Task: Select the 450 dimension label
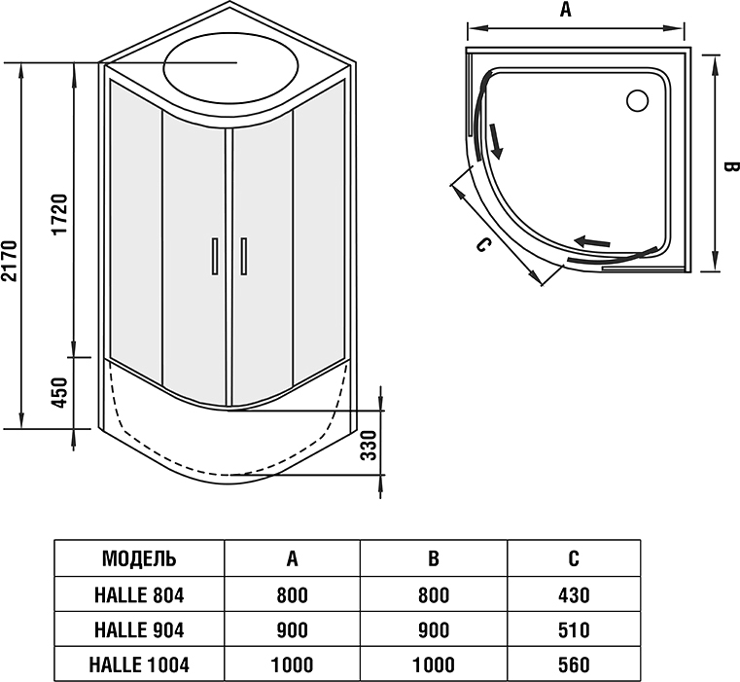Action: click(x=59, y=394)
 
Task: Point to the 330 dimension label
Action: click(x=368, y=445)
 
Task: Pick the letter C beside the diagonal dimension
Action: click(x=481, y=245)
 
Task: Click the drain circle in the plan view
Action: click(x=639, y=99)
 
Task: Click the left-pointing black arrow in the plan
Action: click(x=592, y=241)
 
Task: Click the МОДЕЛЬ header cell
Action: click(x=139, y=558)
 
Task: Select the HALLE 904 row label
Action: click(x=139, y=629)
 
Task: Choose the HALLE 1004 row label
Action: click(x=139, y=665)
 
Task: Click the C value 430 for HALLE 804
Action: click(x=574, y=594)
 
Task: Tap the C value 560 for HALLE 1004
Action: click(x=574, y=665)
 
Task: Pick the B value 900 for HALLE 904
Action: click(x=434, y=629)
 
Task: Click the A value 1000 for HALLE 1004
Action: click(x=292, y=665)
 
